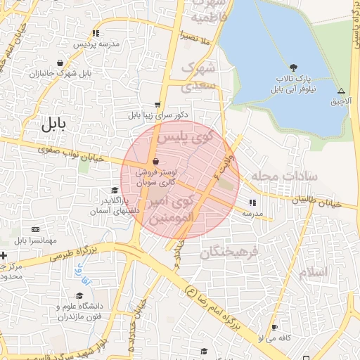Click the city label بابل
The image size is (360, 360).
pyautogui.click(x=53, y=124)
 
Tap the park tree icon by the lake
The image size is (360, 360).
pyautogui.click(x=292, y=68)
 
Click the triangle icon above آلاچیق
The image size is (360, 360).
pyautogui.click(x=341, y=91)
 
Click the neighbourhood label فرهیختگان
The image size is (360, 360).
pyautogui.click(x=229, y=251)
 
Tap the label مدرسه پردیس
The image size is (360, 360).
pyautogui.click(x=96, y=44)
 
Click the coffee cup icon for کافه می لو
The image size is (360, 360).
pyautogui.click(x=274, y=328)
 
